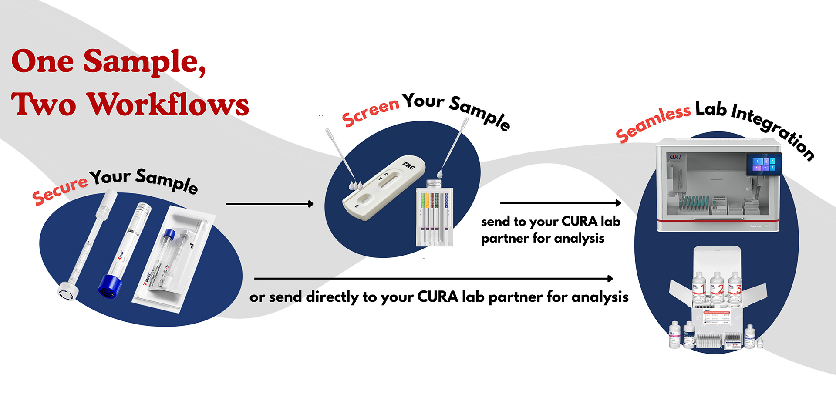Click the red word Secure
coord(60,190)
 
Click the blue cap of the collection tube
coord(109,287)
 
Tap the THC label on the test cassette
coord(408,165)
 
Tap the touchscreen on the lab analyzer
coord(764,164)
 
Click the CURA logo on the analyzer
coord(676,157)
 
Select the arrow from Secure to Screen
coord(270,204)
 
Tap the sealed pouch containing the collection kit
coord(174,259)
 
